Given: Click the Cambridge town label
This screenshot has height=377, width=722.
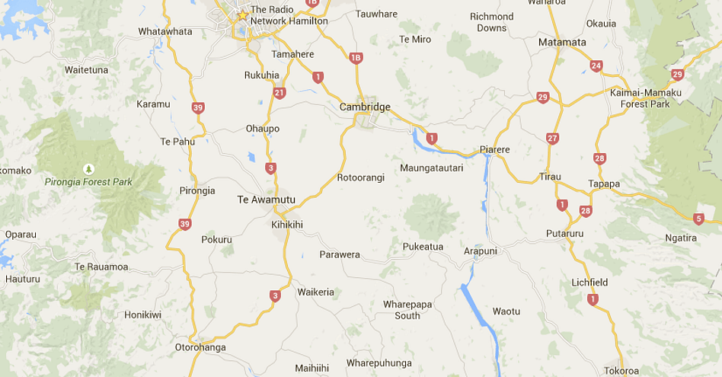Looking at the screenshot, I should coord(365,107).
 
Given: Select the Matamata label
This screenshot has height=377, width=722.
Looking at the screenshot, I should coord(562,42).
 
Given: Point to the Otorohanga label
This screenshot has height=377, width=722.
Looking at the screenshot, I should coord(200,347).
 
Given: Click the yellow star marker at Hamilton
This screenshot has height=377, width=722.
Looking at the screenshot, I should coord(243,15).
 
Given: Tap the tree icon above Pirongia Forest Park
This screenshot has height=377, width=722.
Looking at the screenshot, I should coord(88,168).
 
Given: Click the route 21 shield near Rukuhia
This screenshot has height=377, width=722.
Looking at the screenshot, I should coord(280,93).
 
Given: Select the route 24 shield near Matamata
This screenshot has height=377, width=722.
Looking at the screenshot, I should coord(596,66).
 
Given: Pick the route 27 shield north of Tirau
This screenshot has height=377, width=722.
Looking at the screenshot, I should coord(552,138).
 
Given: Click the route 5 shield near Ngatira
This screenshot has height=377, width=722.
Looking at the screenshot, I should coord(699,219).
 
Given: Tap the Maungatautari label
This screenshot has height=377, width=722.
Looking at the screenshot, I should coord(431,167).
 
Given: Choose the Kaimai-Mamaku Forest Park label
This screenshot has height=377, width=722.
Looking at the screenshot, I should coord(645,98).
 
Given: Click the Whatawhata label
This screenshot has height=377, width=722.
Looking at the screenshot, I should coord(165,31).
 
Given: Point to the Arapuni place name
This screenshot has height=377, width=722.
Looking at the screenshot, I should coord(480,251).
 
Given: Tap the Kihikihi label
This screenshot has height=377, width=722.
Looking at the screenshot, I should coord(287,225).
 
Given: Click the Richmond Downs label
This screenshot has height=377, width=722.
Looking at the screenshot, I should coord(491,22).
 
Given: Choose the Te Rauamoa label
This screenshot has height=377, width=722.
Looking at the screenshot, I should coord(101,267).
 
